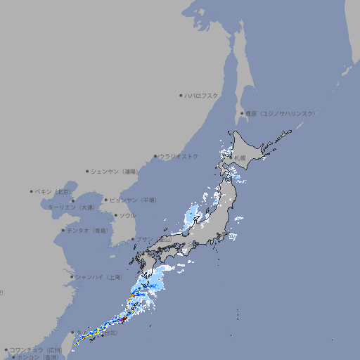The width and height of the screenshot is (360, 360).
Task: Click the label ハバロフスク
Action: click(202, 96)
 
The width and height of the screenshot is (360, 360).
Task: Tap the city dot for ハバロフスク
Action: click(181, 96)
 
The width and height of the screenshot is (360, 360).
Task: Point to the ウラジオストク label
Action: click(179, 156)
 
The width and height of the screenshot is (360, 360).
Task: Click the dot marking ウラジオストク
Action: click(155, 157)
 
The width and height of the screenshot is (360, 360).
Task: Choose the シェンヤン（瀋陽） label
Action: click(113, 171)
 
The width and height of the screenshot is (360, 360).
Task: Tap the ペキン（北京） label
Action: click(53, 191)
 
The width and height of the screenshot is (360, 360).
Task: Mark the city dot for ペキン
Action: click(32, 191)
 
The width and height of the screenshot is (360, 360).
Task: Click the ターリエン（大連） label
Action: click(71, 207)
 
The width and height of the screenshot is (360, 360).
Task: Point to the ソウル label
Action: click(127, 215)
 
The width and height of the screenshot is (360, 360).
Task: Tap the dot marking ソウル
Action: click(115, 215)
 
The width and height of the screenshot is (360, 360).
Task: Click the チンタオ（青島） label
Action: click(88, 230)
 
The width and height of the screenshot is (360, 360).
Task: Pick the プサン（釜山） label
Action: click(154, 240)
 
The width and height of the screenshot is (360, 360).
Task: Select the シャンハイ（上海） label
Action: click(98, 277)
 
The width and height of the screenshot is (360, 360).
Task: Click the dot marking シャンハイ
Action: click(72, 277)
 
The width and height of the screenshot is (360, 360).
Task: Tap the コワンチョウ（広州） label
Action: click(35, 349)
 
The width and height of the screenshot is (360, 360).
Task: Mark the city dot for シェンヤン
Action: click(87, 171)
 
